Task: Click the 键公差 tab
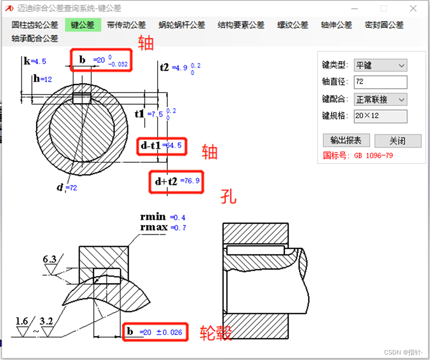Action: [83, 25]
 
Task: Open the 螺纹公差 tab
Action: [293, 25]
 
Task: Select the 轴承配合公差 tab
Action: [35, 38]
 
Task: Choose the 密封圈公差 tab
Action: [384, 25]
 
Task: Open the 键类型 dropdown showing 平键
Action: [380, 65]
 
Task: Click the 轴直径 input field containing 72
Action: [380, 82]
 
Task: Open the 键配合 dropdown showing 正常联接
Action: [380, 99]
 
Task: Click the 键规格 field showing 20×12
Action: [380, 116]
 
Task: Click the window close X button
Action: [413, 8]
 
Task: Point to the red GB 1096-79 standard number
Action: [373, 156]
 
